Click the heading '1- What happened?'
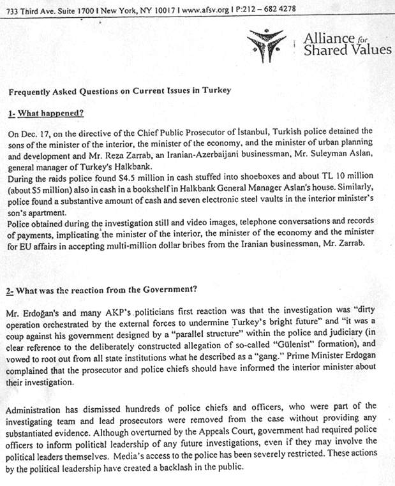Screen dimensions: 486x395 click(46, 114)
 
